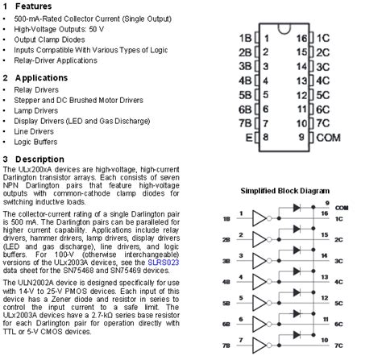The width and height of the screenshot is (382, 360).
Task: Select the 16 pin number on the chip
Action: pyautogui.click(x=302, y=38)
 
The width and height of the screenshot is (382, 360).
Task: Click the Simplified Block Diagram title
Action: pyautogui.click(x=291, y=192)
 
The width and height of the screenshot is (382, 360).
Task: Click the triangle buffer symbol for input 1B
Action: pyautogui.click(x=257, y=217)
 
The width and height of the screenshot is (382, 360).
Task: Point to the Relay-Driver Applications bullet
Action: pyautogui.click(x=56, y=60)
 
